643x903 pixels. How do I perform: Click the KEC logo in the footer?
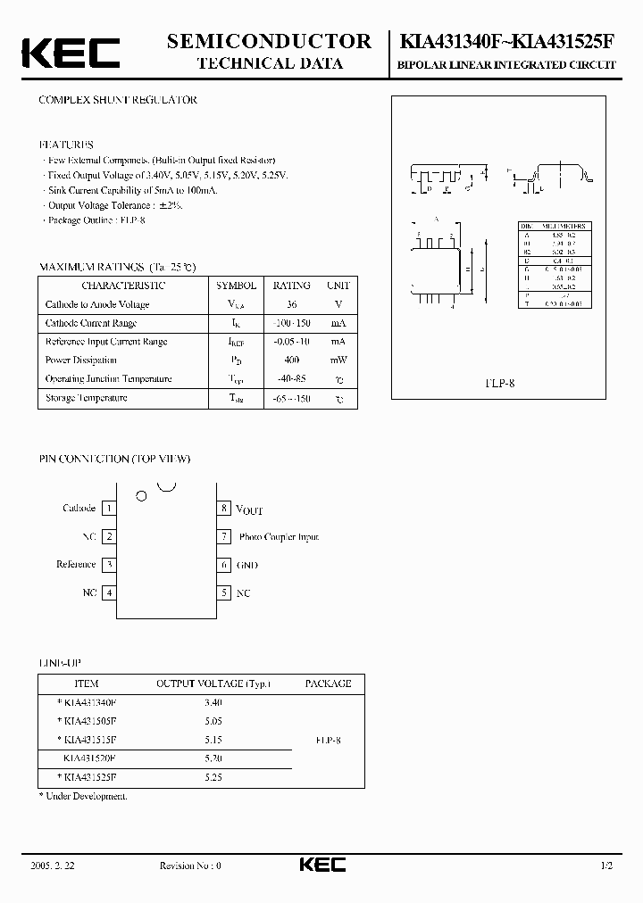tap(321, 865)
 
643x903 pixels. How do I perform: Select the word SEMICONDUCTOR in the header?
tap(269, 41)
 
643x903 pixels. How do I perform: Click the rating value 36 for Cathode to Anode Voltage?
tap(291, 305)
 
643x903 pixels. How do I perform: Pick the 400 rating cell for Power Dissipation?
tap(291, 360)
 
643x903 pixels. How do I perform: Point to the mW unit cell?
tap(338, 360)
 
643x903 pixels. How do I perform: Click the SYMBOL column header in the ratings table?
tap(237, 286)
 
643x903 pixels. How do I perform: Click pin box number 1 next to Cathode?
tap(109, 509)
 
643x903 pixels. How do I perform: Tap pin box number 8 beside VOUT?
tap(225, 509)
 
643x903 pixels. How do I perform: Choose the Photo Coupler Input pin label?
tap(279, 537)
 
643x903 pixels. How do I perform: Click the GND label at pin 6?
tap(247, 565)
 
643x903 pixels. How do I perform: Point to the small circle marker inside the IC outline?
tap(140, 495)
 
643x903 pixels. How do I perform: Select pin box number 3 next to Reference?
tap(109, 565)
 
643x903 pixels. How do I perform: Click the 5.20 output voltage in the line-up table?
tap(213, 758)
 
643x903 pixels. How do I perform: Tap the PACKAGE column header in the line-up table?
tap(328, 683)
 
